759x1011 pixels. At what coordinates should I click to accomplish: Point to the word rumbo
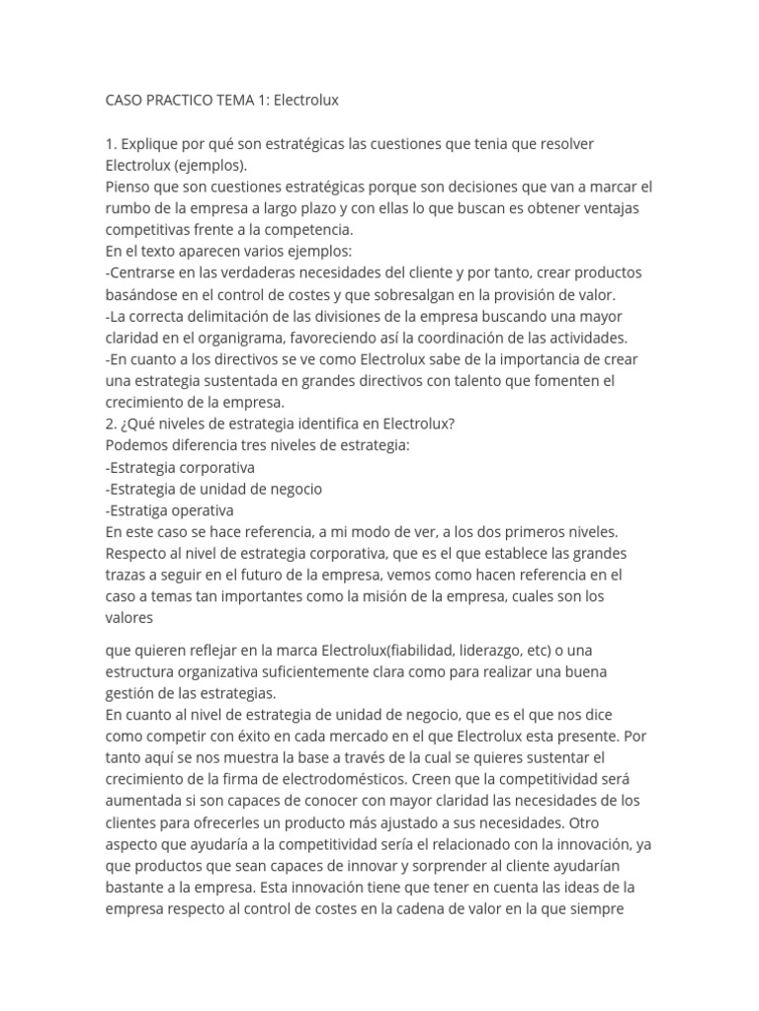[x=128, y=208]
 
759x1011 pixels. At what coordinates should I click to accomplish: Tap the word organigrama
[x=220, y=338]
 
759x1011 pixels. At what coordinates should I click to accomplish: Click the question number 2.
[x=111, y=425]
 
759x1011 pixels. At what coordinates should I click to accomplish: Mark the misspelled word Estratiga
[x=140, y=510]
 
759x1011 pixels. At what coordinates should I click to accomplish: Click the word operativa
[x=204, y=510]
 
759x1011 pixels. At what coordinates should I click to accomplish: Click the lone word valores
[x=129, y=619]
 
